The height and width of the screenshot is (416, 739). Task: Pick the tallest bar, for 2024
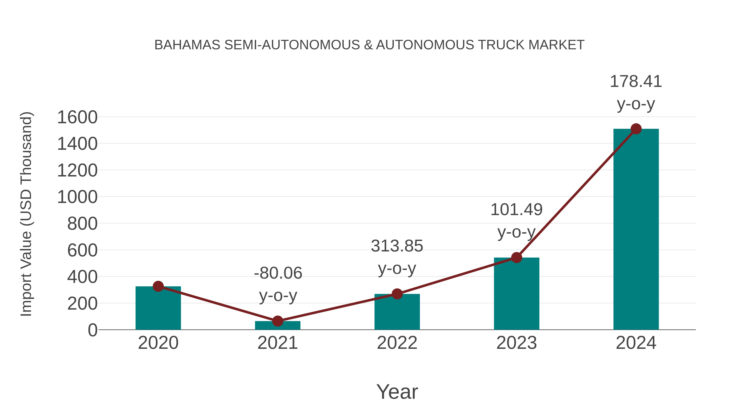pyautogui.click(x=636, y=230)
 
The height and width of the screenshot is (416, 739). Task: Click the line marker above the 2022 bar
pyautogui.click(x=397, y=294)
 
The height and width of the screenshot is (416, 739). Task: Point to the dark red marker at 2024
pyautogui.click(x=636, y=129)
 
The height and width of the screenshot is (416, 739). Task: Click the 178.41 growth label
pyautogui.click(x=636, y=82)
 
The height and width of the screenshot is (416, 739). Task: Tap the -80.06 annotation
pyautogui.click(x=278, y=273)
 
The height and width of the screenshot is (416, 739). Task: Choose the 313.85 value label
pyautogui.click(x=397, y=246)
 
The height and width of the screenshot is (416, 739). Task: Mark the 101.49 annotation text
pyautogui.click(x=516, y=210)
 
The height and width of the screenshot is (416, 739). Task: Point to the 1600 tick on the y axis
pyautogui.click(x=77, y=118)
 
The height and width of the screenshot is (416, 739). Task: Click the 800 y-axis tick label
pyautogui.click(x=82, y=224)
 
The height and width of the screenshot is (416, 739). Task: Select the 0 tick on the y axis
pyautogui.click(x=93, y=330)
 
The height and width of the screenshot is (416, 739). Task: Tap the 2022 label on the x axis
pyautogui.click(x=397, y=343)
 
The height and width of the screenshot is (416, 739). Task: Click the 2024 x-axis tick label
pyautogui.click(x=636, y=343)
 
